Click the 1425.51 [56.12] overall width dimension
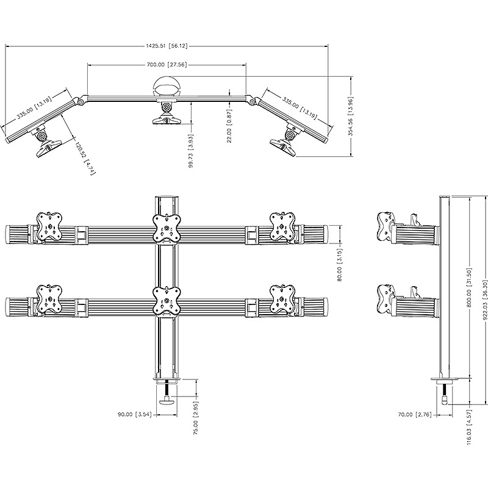[x=167, y=46]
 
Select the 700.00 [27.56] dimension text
[x=167, y=65]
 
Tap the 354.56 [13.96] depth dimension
[x=351, y=117]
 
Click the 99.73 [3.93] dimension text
[x=191, y=151]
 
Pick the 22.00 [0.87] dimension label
[x=229, y=126]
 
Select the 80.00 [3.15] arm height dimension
[x=339, y=265]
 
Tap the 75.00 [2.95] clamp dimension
[x=196, y=418]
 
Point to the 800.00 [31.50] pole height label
[x=470, y=287]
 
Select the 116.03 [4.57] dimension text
[x=470, y=427]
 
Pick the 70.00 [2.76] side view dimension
[x=415, y=415]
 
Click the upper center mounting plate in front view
[x=167, y=228]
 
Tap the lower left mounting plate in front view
[x=49, y=300]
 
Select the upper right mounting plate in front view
[x=282, y=226]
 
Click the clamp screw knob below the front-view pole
[x=167, y=402]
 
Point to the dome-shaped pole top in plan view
[x=167, y=86]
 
